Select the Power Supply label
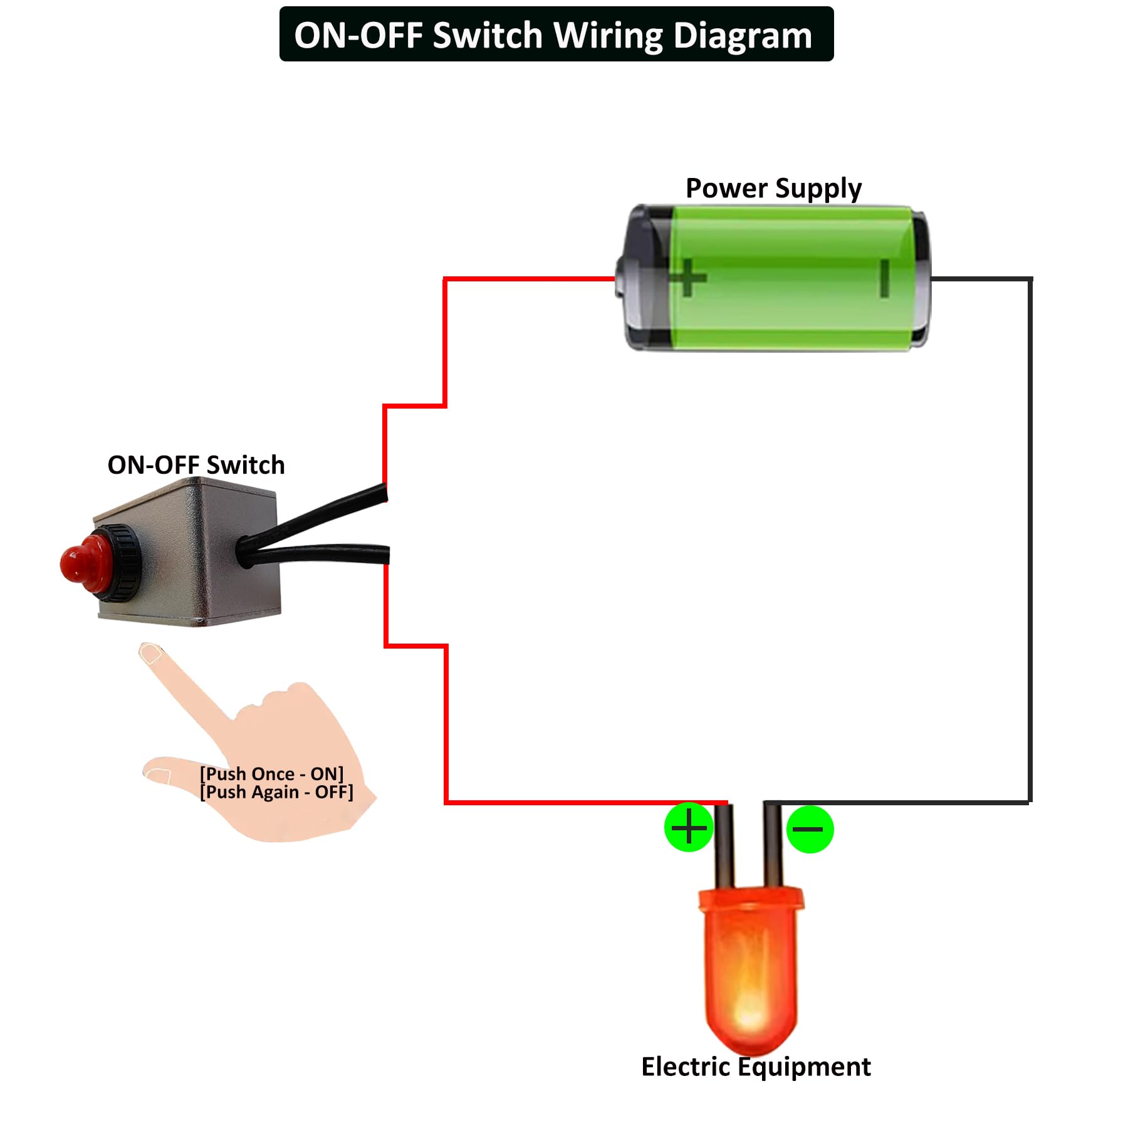coord(773,188)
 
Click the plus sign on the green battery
coord(688,277)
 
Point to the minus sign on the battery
coord(884,278)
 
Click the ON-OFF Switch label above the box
coord(196,465)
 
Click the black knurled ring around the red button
coord(122,562)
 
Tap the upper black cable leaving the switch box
coord(326,513)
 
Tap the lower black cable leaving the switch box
coord(326,553)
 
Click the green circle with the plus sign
coord(689,827)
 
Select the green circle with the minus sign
coord(809,829)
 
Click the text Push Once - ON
coord(271,774)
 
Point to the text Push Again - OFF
coord(276,792)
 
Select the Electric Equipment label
coord(755,1067)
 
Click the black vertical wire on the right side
coord(1030,539)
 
